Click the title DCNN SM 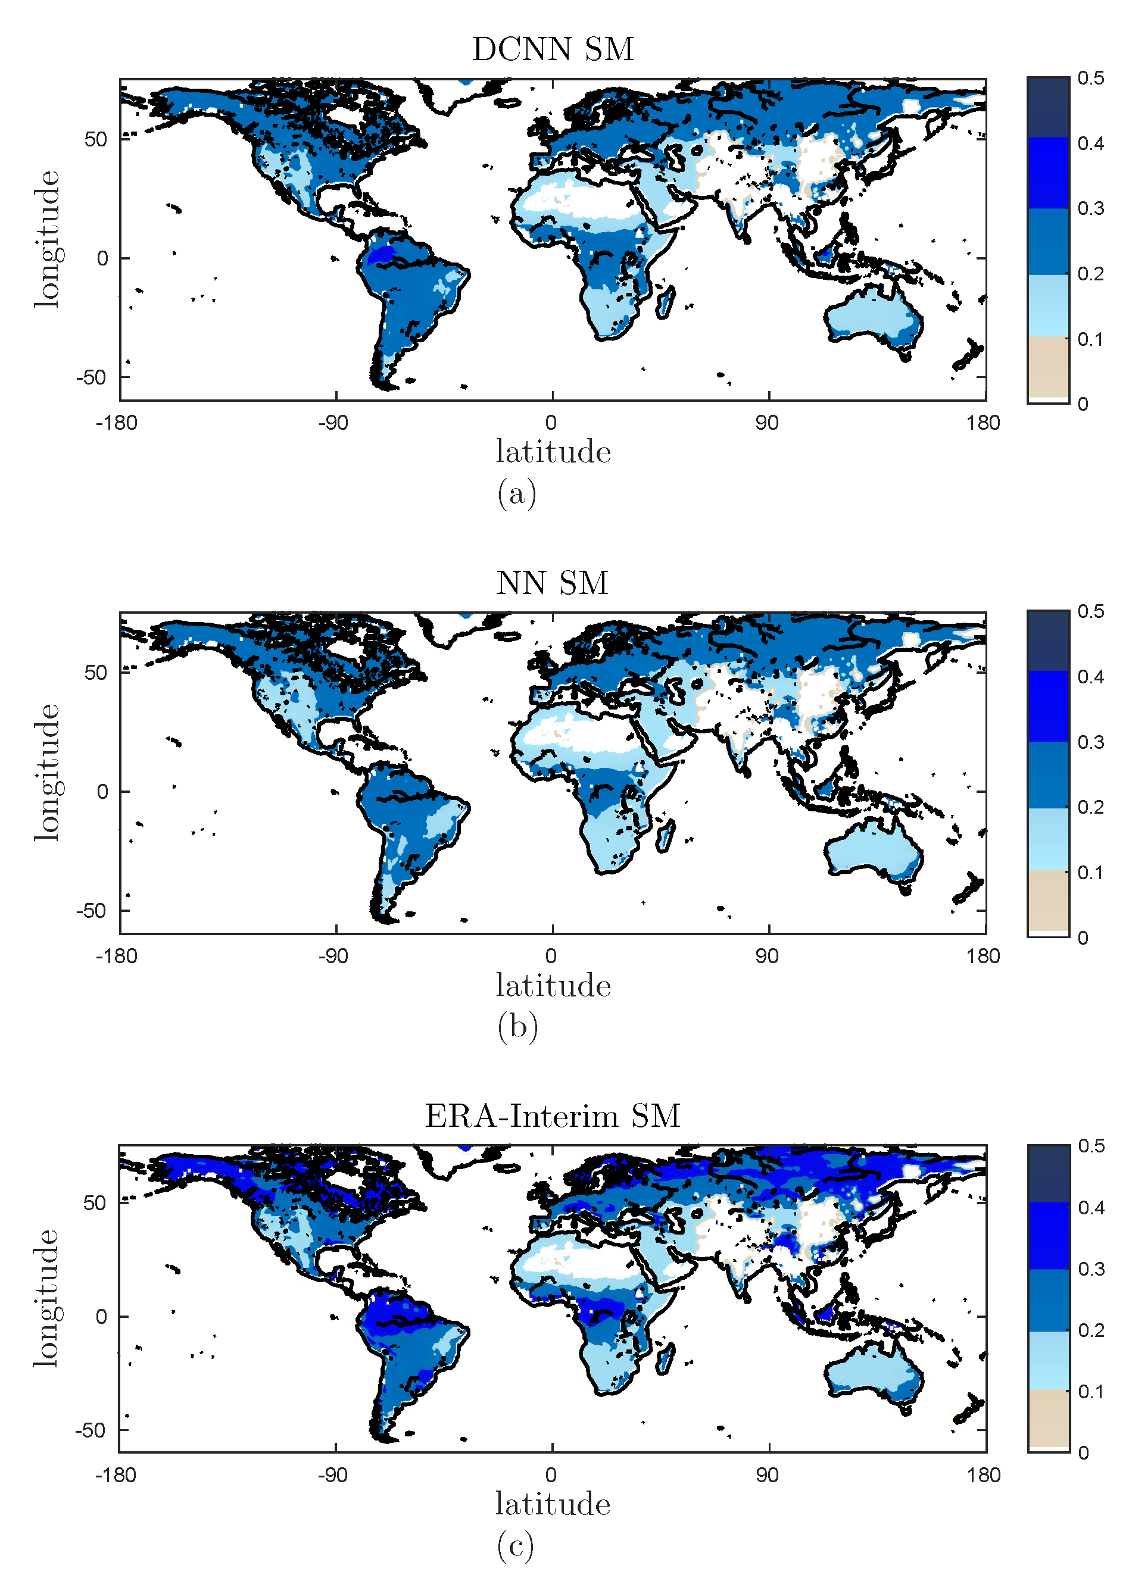pyautogui.click(x=553, y=49)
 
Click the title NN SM pyautogui.click(x=552, y=582)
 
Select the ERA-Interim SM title pyautogui.click(x=552, y=1116)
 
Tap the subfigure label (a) pyautogui.click(x=516, y=494)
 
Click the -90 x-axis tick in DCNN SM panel pyautogui.click(x=333, y=423)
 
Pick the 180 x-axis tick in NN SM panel pyautogui.click(x=983, y=955)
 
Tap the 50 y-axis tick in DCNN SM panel pyautogui.click(x=95, y=139)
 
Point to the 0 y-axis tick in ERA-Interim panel pyautogui.click(x=101, y=1316)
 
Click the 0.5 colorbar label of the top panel pyautogui.click(x=1090, y=78)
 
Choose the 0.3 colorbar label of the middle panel pyautogui.click(x=1090, y=742)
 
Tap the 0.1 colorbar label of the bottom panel pyautogui.click(x=1090, y=1391)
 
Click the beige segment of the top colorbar pyautogui.click(x=1047, y=366)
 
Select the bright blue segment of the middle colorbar pyautogui.click(x=1047, y=705)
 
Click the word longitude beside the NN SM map pyautogui.click(x=47, y=772)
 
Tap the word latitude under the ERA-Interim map pyautogui.click(x=553, y=1504)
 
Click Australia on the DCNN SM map pyautogui.click(x=872, y=316)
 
